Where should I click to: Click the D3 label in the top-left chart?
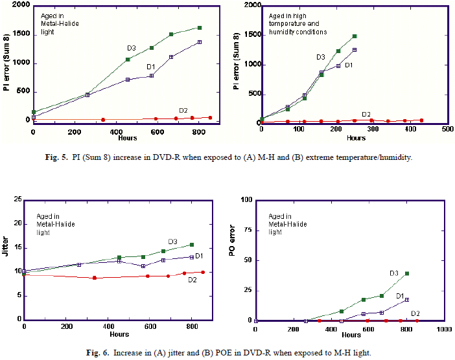(x=132, y=48)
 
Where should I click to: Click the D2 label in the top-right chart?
(x=366, y=114)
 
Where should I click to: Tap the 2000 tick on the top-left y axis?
(x=19, y=6)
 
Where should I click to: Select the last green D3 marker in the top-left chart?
(x=199, y=28)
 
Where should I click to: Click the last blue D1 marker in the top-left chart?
(x=199, y=42)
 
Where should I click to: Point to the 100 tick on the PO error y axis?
(x=246, y=200)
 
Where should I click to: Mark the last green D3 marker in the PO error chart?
(x=406, y=274)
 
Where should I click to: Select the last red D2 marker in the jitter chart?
(x=203, y=272)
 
